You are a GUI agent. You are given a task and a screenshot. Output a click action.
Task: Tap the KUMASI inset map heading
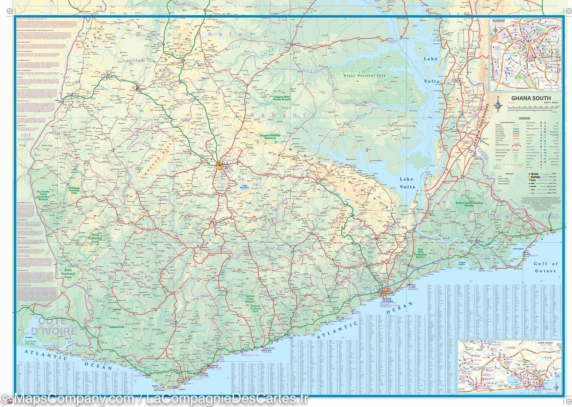pyautogui.click(x=498, y=21)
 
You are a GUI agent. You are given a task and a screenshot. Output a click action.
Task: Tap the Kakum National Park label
pyautogui.click(x=255, y=308)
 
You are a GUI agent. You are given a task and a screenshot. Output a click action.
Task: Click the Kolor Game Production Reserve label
pyautogui.click(x=469, y=204)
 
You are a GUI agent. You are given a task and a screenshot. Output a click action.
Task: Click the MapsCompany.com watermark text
pyautogui.click(x=72, y=399)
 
